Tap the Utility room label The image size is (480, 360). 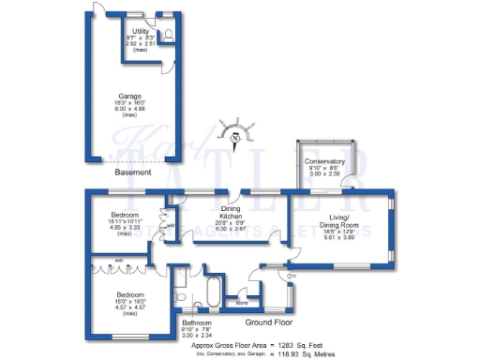point(142,31)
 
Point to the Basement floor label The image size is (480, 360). point(133,172)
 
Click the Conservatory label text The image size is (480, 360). point(325,161)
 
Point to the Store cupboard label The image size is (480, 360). point(242,303)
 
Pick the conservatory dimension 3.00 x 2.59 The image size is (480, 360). point(325,174)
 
